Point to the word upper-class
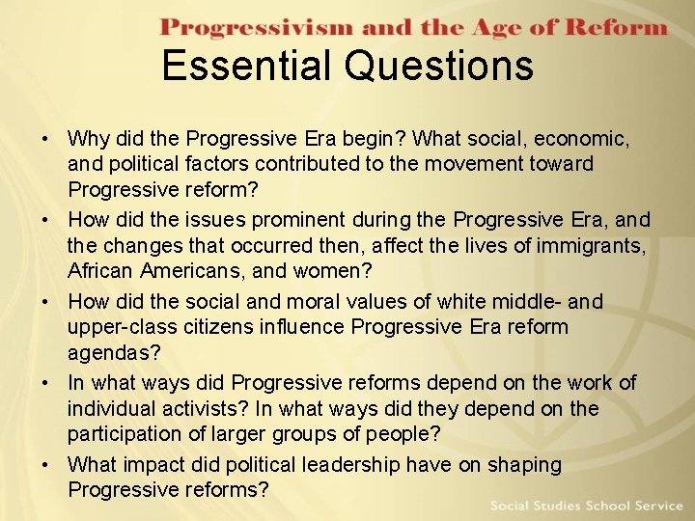118,327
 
